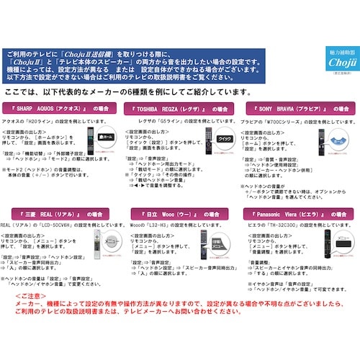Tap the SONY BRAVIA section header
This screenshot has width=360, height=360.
297,108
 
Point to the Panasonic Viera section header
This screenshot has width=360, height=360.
297,215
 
